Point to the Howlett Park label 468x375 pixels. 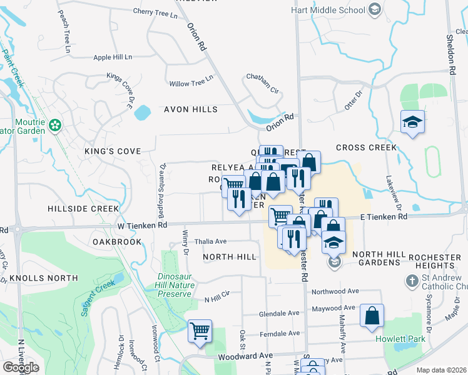point(400,339)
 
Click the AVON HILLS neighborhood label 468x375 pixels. point(191,109)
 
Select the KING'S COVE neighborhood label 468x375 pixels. point(113,151)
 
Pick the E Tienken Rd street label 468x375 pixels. point(384,216)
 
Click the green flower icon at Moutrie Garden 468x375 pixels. point(55,126)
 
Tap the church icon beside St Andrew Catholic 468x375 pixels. point(412,281)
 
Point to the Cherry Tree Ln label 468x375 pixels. point(156,12)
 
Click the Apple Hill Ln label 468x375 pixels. point(113,57)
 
